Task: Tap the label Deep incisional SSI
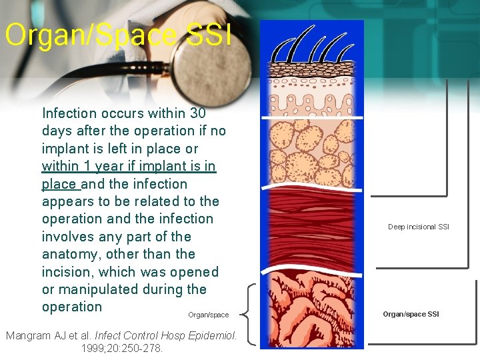[419, 227]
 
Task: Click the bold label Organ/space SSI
[411, 314]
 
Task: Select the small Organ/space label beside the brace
[208, 315]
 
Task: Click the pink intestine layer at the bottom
[311, 310]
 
